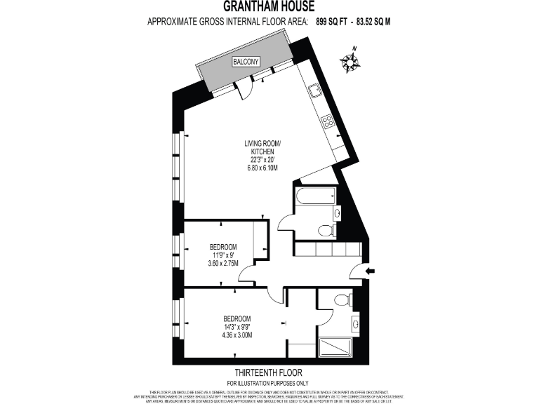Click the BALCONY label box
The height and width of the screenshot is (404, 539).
246,62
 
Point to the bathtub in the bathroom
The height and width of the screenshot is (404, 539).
316,196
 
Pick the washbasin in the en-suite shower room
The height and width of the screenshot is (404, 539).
355,324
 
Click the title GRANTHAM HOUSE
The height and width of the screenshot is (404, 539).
269,7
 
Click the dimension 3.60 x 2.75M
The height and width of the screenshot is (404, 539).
223,263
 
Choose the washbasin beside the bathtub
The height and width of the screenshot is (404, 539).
337,213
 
